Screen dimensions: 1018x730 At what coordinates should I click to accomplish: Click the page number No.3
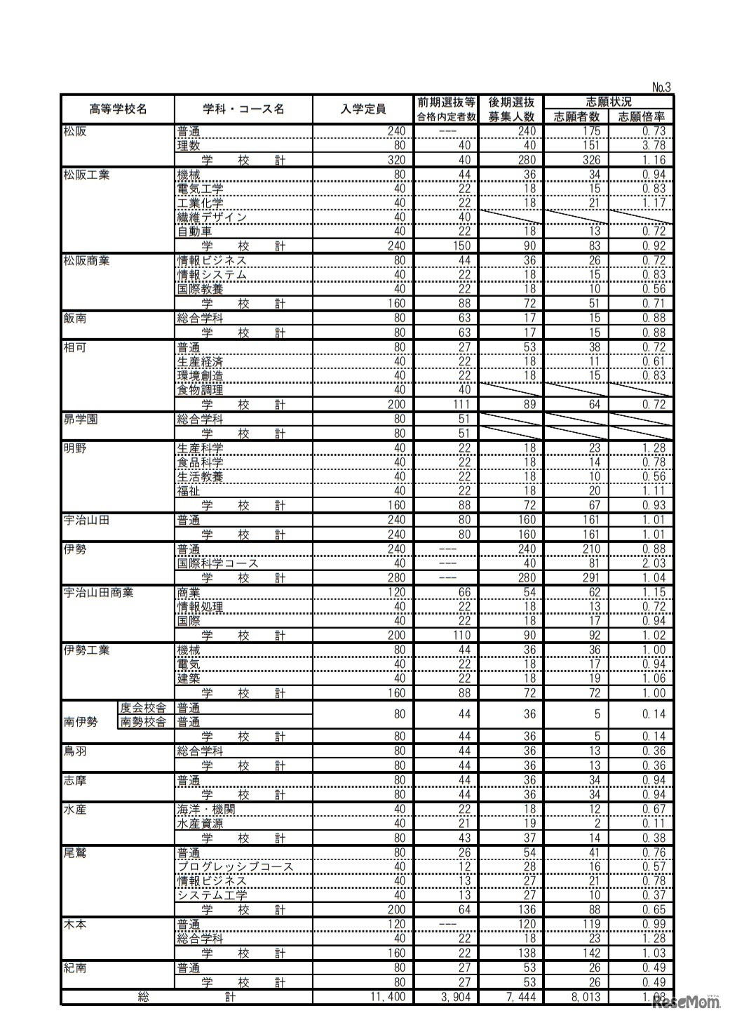(x=661, y=88)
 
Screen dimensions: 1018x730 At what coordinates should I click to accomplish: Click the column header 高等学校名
(x=118, y=109)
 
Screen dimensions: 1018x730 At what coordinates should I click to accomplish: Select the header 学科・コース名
(x=243, y=109)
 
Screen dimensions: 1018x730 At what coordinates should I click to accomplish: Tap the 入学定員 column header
(x=363, y=109)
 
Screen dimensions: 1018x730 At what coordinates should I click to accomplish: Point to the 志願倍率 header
(x=641, y=117)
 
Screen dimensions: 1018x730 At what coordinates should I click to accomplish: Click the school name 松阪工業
(x=87, y=175)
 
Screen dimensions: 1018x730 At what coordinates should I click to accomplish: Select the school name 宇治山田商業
(x=98, y=592)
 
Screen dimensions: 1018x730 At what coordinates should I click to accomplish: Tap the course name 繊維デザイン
(x=212, y=217)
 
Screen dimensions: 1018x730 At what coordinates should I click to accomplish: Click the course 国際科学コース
(x=217, y=563)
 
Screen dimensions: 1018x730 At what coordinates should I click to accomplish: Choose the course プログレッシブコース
(x=235, y=866)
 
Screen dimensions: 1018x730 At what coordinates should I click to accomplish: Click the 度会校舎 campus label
(x=143, y=708)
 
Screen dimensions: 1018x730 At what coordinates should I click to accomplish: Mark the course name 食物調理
(x=200, y=390)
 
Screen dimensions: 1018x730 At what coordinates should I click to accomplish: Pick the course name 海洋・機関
(x=206, y=809)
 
